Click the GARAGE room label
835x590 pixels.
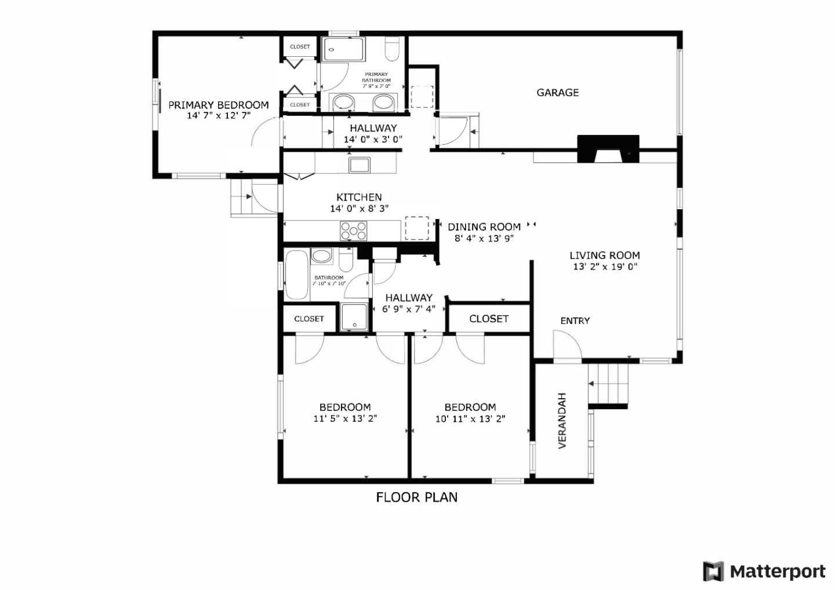[557, 93]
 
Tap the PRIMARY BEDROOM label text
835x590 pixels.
[219, 105]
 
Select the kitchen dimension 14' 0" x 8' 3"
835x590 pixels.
[359, 209]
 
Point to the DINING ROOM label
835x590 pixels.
[484, 227]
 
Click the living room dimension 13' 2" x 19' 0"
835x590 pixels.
[605, 267]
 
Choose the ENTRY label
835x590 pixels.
[575, 321]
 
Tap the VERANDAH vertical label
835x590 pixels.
[562, 421]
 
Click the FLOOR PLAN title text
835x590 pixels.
[416, 497]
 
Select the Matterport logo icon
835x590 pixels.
[713, 571]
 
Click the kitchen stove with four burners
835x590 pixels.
[354, 231]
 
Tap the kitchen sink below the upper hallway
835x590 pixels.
[360, 165]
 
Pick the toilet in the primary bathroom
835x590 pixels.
[393, 49]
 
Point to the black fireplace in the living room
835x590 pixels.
[608, 148]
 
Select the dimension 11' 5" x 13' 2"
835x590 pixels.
[345, 418]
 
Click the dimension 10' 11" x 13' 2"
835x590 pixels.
[470, 418]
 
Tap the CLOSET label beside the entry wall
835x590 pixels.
[489, 319]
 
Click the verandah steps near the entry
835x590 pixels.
[609, 384]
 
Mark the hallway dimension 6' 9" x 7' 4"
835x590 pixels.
[409, 309]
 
